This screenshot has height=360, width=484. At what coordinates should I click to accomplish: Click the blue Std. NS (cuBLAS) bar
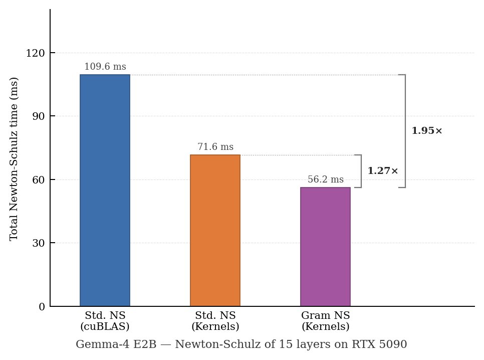pos(105,191)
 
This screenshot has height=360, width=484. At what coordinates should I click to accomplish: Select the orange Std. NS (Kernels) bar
pos(215,231)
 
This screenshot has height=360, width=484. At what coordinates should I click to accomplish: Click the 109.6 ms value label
pos(105,67)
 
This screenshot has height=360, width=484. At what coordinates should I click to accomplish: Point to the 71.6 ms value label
pos(215,147)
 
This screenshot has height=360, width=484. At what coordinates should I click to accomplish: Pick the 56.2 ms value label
pos(326,180)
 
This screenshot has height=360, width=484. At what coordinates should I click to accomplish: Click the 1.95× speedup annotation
pos(427,131)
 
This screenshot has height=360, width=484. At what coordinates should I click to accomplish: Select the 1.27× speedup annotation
pos(383,171)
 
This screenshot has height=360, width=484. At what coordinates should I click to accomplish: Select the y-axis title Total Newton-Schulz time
pos(14,158)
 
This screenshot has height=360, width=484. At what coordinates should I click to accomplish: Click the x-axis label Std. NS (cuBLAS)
pos(105,321)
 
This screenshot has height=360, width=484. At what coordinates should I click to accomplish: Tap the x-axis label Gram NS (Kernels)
pos(326,321)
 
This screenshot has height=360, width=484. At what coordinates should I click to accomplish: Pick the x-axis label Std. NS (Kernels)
pos(215,321)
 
